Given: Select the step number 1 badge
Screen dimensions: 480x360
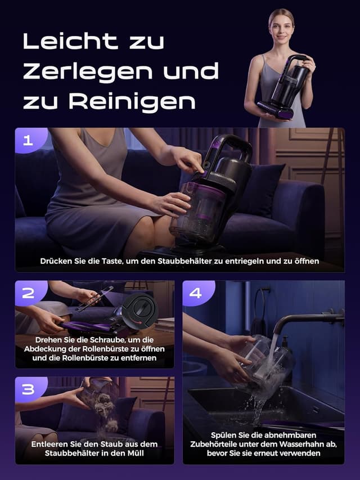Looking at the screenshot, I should pos(27,141).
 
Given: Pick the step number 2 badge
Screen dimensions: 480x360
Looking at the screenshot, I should pos(27,293).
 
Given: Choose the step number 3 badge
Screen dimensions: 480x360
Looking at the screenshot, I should pos(27,389).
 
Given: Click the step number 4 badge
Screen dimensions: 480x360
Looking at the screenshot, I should pos(195,293).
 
